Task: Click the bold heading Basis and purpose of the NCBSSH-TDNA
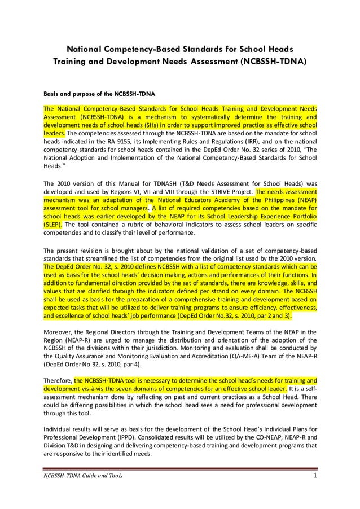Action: pyautogui.click(x=99, y=93)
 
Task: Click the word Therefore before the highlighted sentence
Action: pyautogui.click(x=58, y=380)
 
